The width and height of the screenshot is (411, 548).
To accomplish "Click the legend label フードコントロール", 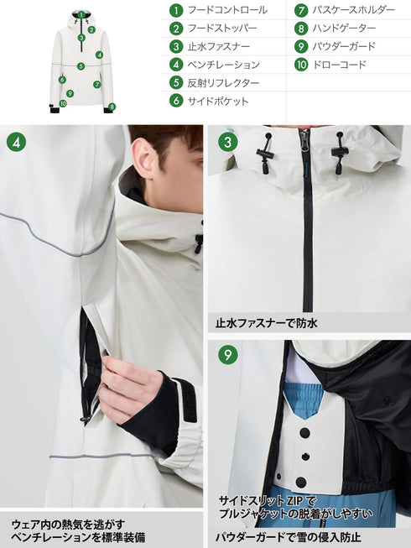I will (227, 11).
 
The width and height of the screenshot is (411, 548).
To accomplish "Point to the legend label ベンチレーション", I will (224, 65).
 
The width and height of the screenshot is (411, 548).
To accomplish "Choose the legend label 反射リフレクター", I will (224, 83).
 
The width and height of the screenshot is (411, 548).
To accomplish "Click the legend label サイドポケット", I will (218, 101).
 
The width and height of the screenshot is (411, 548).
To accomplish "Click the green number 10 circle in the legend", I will (301, 65).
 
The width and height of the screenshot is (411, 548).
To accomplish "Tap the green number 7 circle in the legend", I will (301, 11).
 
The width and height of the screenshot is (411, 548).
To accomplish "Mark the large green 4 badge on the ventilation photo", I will (16, 141).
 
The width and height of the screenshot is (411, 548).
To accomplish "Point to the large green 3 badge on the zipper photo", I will (227, 141).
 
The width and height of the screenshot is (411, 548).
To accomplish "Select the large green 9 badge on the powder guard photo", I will (227, 354).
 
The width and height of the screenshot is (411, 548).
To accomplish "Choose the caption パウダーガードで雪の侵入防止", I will (288, 535).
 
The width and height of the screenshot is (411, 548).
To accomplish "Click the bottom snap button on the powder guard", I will (300, 482).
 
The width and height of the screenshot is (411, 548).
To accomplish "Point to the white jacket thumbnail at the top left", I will (81, 59).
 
